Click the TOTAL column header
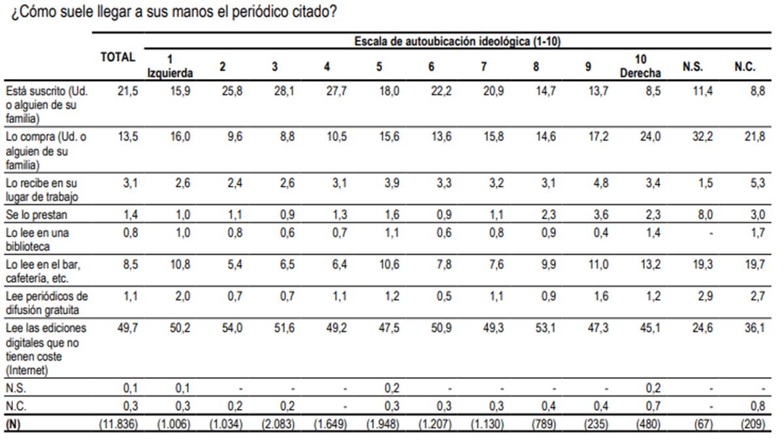(x=118, y=57)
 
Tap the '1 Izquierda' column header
(x=170, y=65)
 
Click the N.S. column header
(x=693, y=67)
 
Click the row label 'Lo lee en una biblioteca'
(x=37, y=240)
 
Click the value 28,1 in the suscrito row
(x=285, y=91)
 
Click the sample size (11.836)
(x=118, y=423)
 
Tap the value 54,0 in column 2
(x=233, y=327)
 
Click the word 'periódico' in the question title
(x=244, y=12)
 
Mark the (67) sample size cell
(x=702, y=423)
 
